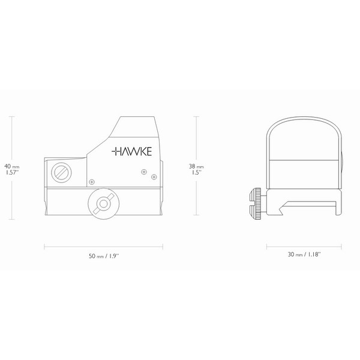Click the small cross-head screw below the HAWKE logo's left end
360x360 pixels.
click(91, 181)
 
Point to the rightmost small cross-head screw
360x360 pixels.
click(154, 177)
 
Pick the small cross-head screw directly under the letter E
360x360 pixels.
click(143, 172)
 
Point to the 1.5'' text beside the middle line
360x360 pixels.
click(196, 172)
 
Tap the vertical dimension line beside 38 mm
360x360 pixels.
click(196, 138)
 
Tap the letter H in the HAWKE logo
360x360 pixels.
click(115, 152)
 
